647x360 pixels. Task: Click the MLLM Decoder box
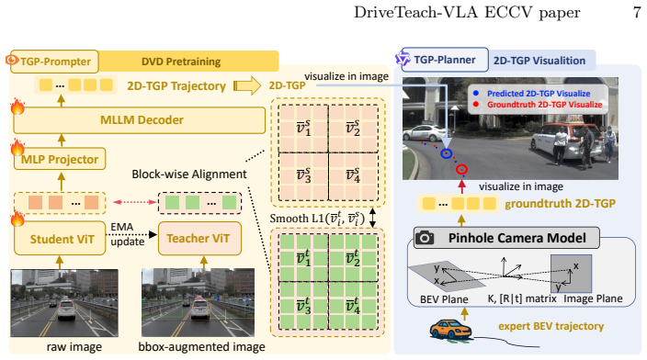point(139,120)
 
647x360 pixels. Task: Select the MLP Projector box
point(60,159)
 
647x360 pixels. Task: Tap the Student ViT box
point(60,239)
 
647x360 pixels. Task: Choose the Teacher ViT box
point(199,239)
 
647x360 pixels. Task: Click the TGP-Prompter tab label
point(54,62)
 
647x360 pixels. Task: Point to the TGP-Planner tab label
point(445,60)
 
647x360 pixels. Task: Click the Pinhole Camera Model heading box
point(506,238)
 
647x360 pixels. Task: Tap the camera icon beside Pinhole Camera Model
point(425,238)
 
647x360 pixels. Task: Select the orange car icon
point(450,330)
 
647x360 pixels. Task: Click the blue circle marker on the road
point(446,153)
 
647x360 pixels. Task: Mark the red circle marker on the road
point(461,169)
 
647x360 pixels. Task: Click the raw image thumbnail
point(64,303)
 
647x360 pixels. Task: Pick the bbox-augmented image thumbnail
point(199,303)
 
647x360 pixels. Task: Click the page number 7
point(637,12)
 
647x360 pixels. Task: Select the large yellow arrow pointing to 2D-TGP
point(247,85)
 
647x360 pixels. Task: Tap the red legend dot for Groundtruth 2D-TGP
point(476,105)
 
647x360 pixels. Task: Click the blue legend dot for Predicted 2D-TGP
point(476,93)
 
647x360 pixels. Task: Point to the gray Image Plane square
point(571,273)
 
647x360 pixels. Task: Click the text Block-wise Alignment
point(189,174)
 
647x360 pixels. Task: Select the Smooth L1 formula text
point(317,219)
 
